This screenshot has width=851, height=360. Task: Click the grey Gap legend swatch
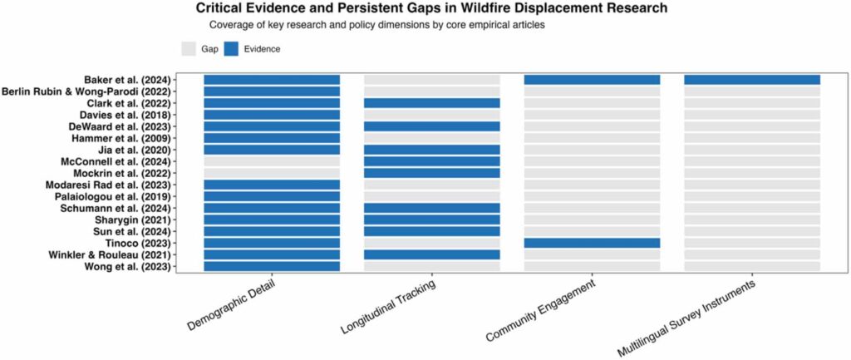189,48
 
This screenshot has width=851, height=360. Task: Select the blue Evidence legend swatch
231,48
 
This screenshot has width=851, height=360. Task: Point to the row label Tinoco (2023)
149,243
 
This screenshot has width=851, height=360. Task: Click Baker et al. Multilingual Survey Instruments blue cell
751,80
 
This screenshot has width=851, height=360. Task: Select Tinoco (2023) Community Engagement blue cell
592,243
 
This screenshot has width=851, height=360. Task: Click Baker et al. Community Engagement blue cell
592,80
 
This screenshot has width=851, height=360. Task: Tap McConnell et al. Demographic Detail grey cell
272,161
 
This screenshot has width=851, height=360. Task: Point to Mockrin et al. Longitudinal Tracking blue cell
431,173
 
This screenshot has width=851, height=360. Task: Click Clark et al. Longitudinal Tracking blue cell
431,103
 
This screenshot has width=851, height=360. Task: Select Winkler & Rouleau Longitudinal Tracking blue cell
431,254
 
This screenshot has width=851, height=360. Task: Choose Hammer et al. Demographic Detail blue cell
272,138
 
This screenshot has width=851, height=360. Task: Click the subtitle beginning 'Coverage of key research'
376,25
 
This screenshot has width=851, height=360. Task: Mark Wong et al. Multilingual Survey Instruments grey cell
751,266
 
